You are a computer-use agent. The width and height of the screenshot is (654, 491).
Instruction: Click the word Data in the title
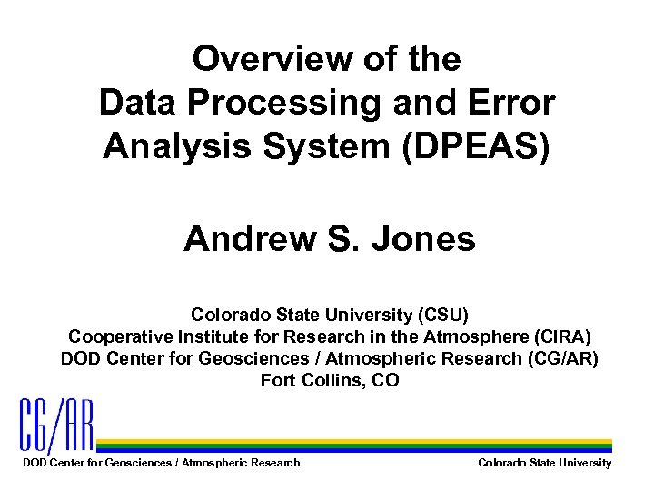pyautogui.click(x=131, y=104)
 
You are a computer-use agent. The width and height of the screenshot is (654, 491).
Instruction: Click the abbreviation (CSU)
pyautogui.click(x=441, y=316)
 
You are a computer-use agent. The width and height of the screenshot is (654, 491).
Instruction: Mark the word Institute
pyautogui.click(x=200, y=337)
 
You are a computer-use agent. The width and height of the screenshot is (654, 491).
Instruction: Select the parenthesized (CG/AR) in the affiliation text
pyautogui.click(x=562, y=358)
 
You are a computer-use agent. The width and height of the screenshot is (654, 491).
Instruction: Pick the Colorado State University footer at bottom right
pyautogui.click(x=544, y=463)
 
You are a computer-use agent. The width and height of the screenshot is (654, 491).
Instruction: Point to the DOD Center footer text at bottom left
pyautogui.click(x=160, y=463)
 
